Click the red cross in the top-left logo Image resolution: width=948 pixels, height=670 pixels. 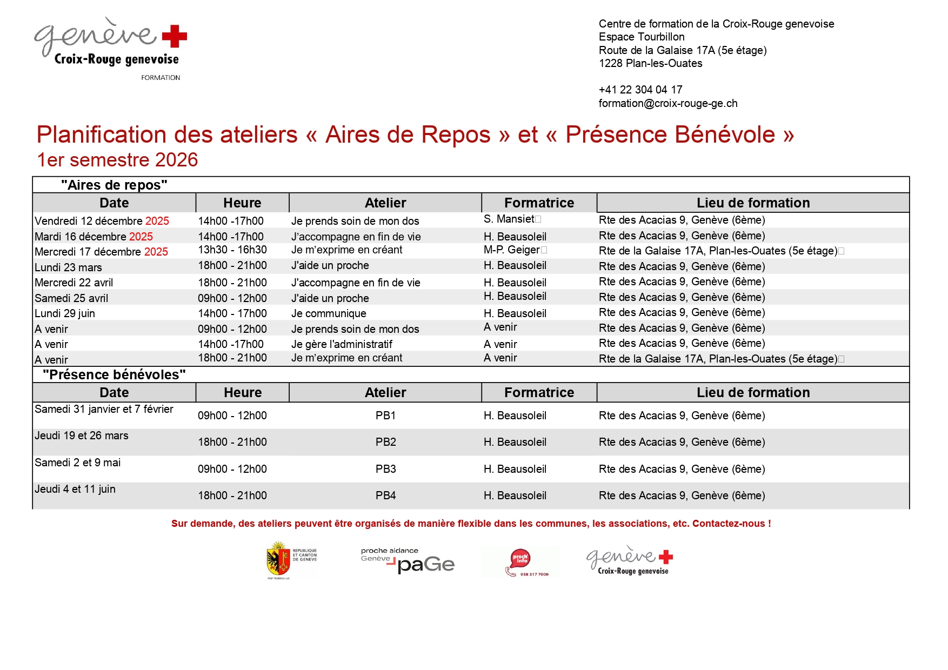[x=174, y=36]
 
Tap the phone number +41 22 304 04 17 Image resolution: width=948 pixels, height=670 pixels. [x=640, y=90]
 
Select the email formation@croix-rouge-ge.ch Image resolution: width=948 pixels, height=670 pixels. [x=667, y=103]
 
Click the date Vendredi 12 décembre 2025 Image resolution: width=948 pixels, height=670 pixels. [x=102, y=221]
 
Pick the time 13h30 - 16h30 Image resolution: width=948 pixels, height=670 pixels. [x=232, y=250]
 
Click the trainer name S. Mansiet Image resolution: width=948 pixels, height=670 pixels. [x=509, y=219]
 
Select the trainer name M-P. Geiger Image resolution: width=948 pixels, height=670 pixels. [x=511, y=250]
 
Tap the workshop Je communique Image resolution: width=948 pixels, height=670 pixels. [x=329, y=313]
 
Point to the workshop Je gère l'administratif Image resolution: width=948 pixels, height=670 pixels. [x=342, y=344]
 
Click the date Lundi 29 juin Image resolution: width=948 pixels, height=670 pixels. [x=65, y=313]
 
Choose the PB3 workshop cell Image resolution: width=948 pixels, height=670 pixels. [x=385, y=469]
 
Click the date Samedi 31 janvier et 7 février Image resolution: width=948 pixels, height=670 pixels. [x=104, y=409]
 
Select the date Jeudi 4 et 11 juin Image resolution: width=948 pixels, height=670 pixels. [x=75, y=489]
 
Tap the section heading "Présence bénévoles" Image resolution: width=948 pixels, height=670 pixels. [x=114, y=374]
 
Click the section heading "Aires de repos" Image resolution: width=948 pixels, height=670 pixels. [x=114, y=185]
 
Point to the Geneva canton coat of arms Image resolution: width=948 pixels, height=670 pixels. [x=278, y=561]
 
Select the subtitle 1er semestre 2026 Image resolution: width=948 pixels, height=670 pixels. [x=117, y=160]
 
